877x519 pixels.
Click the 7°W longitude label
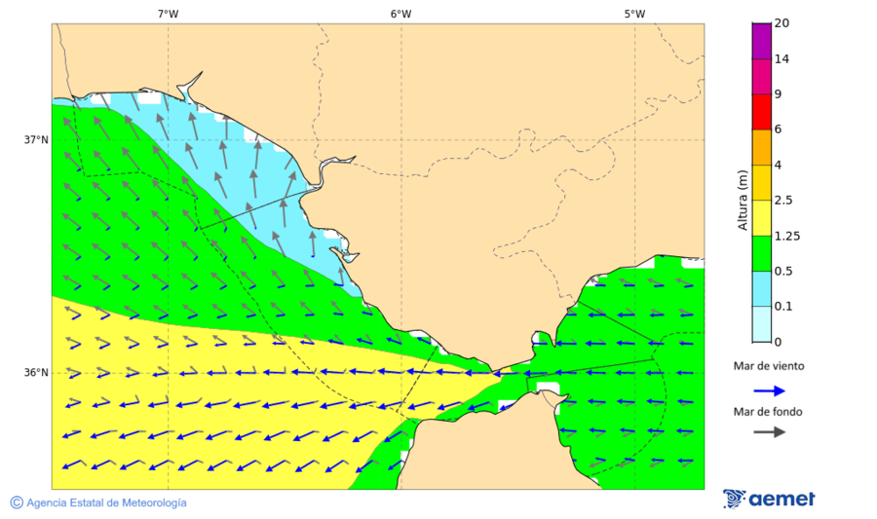168,14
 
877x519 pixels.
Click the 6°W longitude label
400,14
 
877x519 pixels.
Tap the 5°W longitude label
634,14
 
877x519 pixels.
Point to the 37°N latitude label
37,139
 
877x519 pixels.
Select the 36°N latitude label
37,373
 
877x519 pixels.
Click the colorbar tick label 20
782,23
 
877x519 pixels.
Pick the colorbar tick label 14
782,59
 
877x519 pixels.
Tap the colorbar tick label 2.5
783,201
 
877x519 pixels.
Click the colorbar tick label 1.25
786,236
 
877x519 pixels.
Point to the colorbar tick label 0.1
783,307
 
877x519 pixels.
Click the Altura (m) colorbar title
743,201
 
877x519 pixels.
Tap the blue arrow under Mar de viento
769,390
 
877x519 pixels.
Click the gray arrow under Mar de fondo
769,431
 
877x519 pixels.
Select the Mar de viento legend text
769,367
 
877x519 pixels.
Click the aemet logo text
782,500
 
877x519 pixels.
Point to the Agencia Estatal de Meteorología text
106,502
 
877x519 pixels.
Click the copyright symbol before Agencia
17,502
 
